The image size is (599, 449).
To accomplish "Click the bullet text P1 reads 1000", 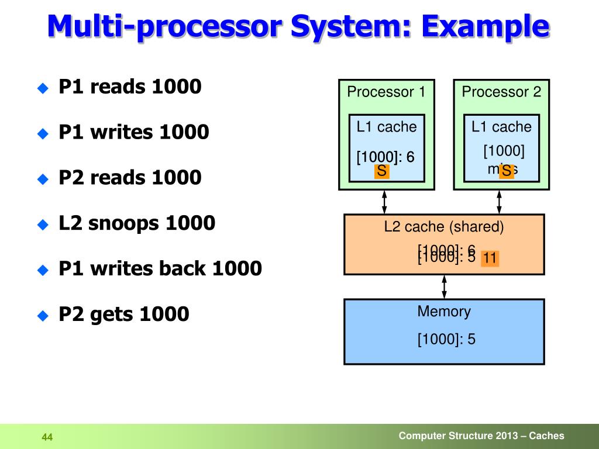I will pyautogui.click(x=130, y=87).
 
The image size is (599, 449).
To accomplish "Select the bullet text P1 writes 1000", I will pyautogui.click(x=134, y=132).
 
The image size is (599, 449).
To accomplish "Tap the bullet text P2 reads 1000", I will pyautogui.click(x=130, y=177).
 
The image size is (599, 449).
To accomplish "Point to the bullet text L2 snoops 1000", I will pyautogui.click(x=137, y=223).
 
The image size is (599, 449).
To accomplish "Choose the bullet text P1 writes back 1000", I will pyautogui.click(x=160, y=268).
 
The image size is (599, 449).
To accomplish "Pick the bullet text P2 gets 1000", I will pyautogui.click(x=124, y=315).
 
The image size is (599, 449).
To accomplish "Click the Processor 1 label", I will pyautogui.click(x=386, y=92).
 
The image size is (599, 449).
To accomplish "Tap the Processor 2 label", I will pyautogui.click(x=501, y=92).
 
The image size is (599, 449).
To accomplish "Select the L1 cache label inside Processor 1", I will pyautogui.click(x=387, y=127).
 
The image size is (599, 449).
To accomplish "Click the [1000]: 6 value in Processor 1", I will pyautogui.click(x=385, y=157).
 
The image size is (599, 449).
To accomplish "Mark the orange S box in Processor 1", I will pyautogui.click(x=382, y=171).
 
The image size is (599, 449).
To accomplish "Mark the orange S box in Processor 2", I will pyautogui.click(x=507, y=171).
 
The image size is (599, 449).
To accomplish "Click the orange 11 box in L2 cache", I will pyautogui.click(x=490, y=258).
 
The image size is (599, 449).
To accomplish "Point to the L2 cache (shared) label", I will pyautogui.click(x=444, y=227).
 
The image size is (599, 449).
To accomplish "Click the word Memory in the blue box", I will pyautogui.click(x=444, y=312).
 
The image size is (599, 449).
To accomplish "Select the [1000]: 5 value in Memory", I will pyautogui.click(x=446, y=339).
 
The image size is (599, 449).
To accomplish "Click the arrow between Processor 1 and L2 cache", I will pyautogui.click(x=384, y=202).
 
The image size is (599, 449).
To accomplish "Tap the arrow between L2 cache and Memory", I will pyautogui.click(x=445, y=286).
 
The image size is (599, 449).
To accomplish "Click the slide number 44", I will pyautogui.click(x=47, y=437).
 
